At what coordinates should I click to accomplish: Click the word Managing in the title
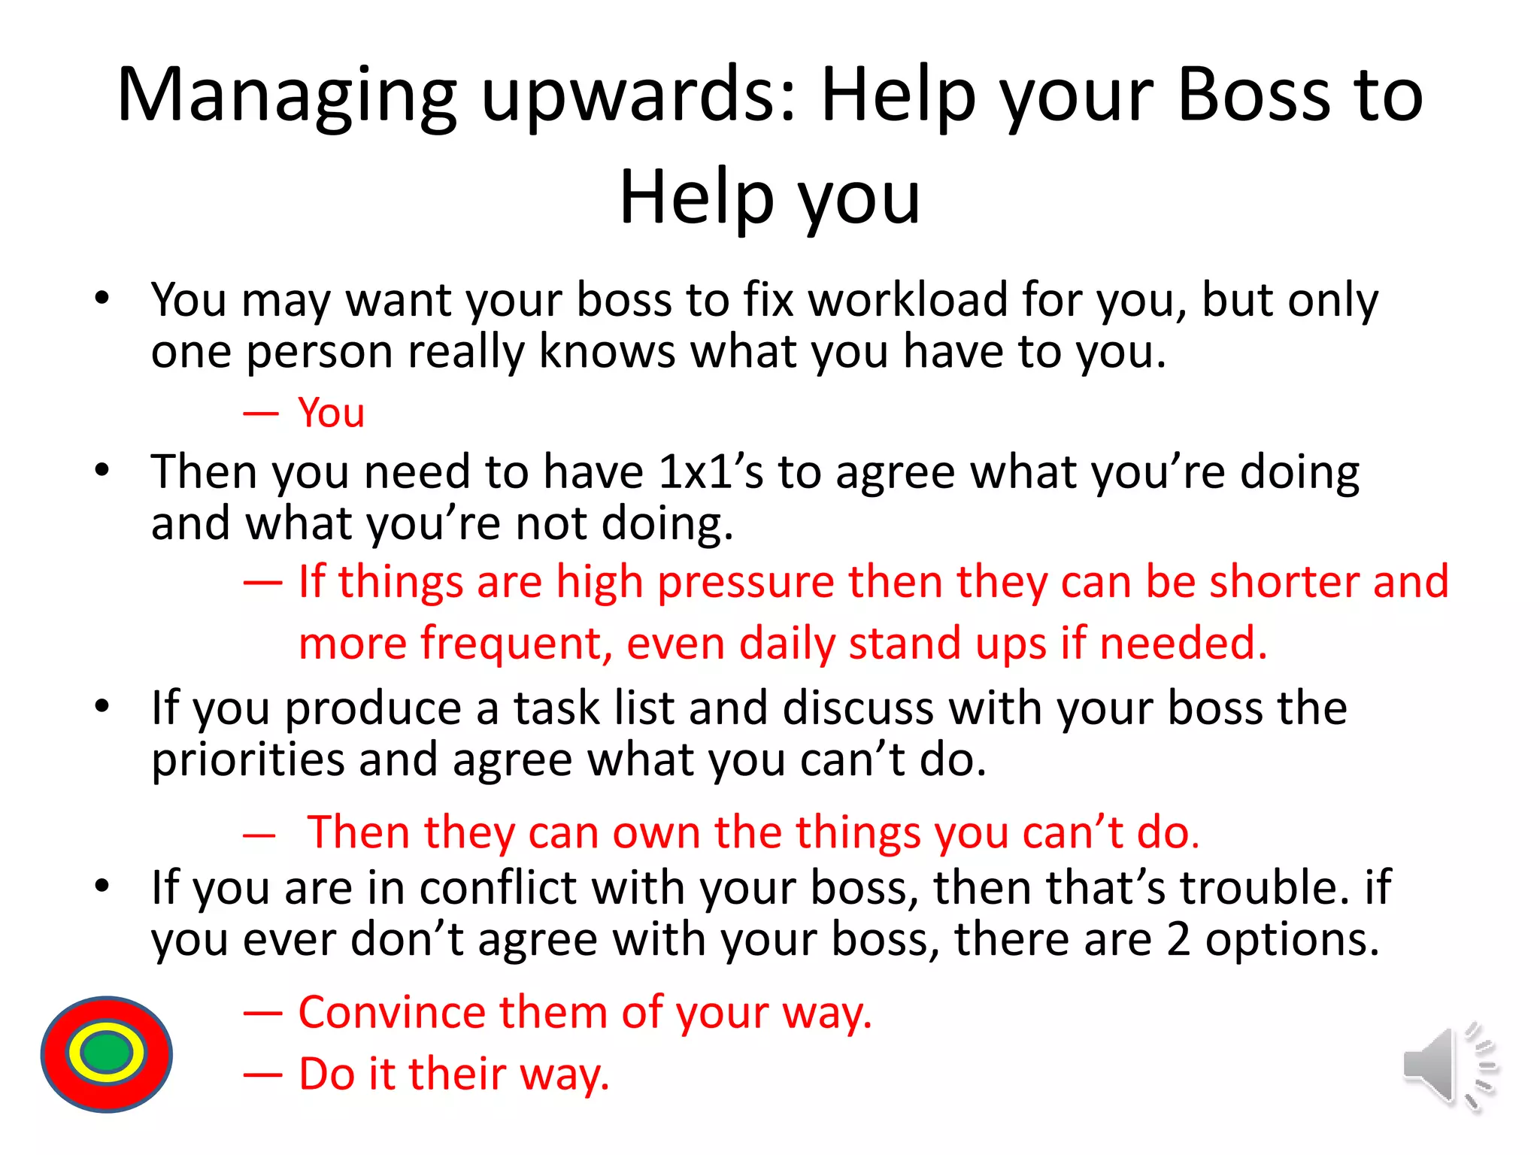pyautogui.click(x=286, y=95)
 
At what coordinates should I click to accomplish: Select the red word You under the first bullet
pyautogui.click(x=332, y=413)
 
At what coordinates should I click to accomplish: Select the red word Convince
pyautogui.click(x=392, y=1012)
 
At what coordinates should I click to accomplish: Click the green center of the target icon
pyautogui.click(x=107, y=1053)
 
